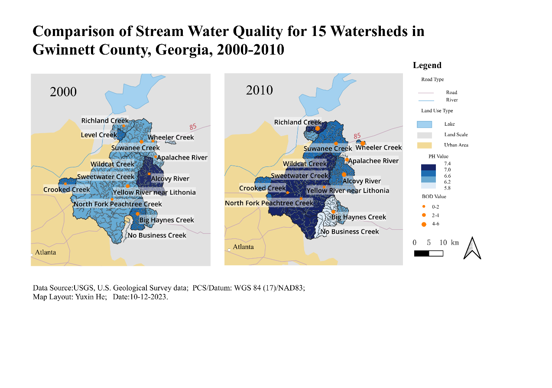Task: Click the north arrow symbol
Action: click(472, 249)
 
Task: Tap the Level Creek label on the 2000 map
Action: click(99, 135)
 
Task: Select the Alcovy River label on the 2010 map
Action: click(361, 181)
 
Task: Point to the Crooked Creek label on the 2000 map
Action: click(67, 189)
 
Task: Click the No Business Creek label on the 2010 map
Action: click(350, 231)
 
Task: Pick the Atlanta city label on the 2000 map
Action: click(45, 252)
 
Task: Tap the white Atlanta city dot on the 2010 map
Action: click(229, 250)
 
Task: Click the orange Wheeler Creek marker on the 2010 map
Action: click(363, 143)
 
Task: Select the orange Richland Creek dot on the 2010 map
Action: click(318, 128)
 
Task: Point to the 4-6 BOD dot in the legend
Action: click(424, 224)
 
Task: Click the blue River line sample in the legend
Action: click(426, 100)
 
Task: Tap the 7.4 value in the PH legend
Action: click(447, 163)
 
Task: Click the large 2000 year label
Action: click(63, 92)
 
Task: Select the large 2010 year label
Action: click(260, 90)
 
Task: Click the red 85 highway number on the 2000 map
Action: click(192, 127)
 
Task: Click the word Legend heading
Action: click(427, 65)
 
